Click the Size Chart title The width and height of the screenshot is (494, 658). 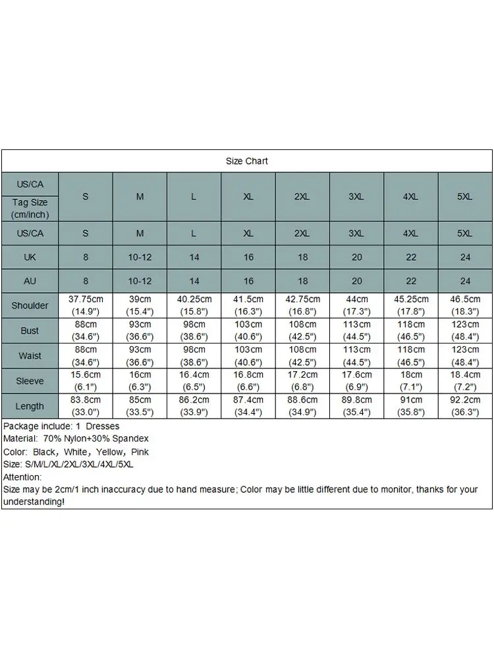[247, 161]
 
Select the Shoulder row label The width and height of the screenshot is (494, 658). [30, 305]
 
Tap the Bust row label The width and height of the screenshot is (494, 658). [30, 330]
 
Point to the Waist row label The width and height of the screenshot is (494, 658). [30, 356]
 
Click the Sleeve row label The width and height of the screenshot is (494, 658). [30, 381]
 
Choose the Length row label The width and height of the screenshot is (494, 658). [30, 406]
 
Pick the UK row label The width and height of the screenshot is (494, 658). [30, 257]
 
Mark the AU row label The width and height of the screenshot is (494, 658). [30, 281]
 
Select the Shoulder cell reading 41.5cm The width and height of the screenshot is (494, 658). [248, 305]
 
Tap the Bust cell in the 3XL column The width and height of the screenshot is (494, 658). [357, 330]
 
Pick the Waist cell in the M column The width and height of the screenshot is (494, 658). [140, 356]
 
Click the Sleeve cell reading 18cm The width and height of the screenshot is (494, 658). [411, 381]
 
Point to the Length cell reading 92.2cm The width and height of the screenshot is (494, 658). [465, 406]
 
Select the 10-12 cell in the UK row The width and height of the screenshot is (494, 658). [140, 257]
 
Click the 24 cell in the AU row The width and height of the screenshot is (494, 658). [465, 281]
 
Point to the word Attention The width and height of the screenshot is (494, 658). [22, 477]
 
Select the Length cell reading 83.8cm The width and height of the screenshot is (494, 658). [86, 406]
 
